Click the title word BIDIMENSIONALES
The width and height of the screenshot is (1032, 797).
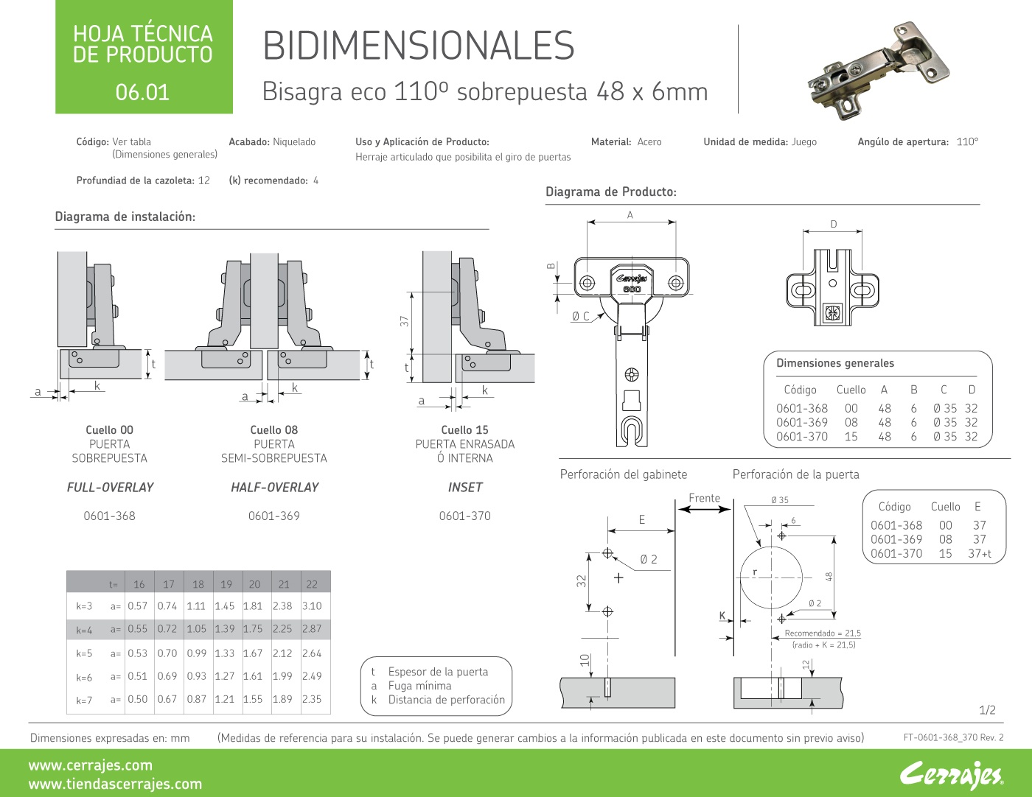click(x=418, y=46)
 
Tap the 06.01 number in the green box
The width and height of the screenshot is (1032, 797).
click(x=142, y=92)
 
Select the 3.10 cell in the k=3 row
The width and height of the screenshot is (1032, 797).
click(x=312, y=606)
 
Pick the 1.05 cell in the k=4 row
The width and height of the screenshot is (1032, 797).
click(x=196, y=629)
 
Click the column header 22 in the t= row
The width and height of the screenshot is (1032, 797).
click(x=312, y=584)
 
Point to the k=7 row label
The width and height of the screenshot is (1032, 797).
click(x=84, y=700)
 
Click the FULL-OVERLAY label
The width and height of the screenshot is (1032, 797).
click(x=110, y=488)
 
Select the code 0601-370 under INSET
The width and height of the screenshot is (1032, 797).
click(x=464, y=516)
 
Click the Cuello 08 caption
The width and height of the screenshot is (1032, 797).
click(x=273, y=430)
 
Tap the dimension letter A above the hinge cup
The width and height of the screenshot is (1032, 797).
click(x=630, y=215)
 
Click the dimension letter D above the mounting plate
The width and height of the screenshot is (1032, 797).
click(x=834, y=225)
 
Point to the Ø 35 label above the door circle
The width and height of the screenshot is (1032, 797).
click(x=779, y=500)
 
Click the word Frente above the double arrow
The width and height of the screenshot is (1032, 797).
click(x=704, y=498)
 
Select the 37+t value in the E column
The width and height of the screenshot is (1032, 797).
click(x=980, y=554)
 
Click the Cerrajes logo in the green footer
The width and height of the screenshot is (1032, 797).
click(x=951, y=774)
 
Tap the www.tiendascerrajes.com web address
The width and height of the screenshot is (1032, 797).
click(x=115, y=784)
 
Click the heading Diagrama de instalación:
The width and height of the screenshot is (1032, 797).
click(x=125, y=217)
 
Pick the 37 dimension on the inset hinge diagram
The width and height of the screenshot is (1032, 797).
click(x=404, y=321)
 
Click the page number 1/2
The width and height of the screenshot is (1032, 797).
click(x=987, y=710)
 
